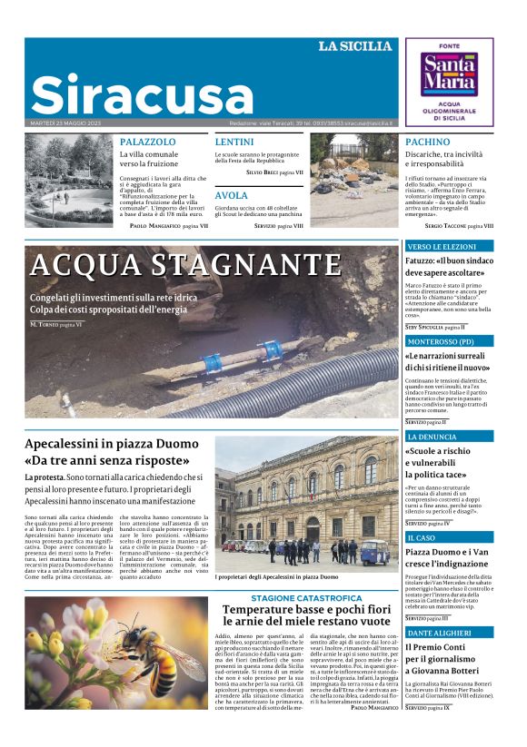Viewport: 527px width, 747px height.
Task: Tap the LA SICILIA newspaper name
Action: tap(355, 46)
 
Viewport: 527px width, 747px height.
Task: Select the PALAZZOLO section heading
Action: tap(148, 143)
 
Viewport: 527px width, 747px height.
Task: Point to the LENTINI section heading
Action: tap(234, 143)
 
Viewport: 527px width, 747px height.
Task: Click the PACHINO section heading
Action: tap(427, 143)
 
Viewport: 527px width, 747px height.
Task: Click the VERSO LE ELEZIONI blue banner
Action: tap(449, 246)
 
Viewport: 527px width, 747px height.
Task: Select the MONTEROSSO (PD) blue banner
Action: tap(449, 341)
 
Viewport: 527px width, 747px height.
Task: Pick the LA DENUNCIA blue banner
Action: tap(449, 437)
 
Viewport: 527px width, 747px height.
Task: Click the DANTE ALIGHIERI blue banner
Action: tap(449, 632)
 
